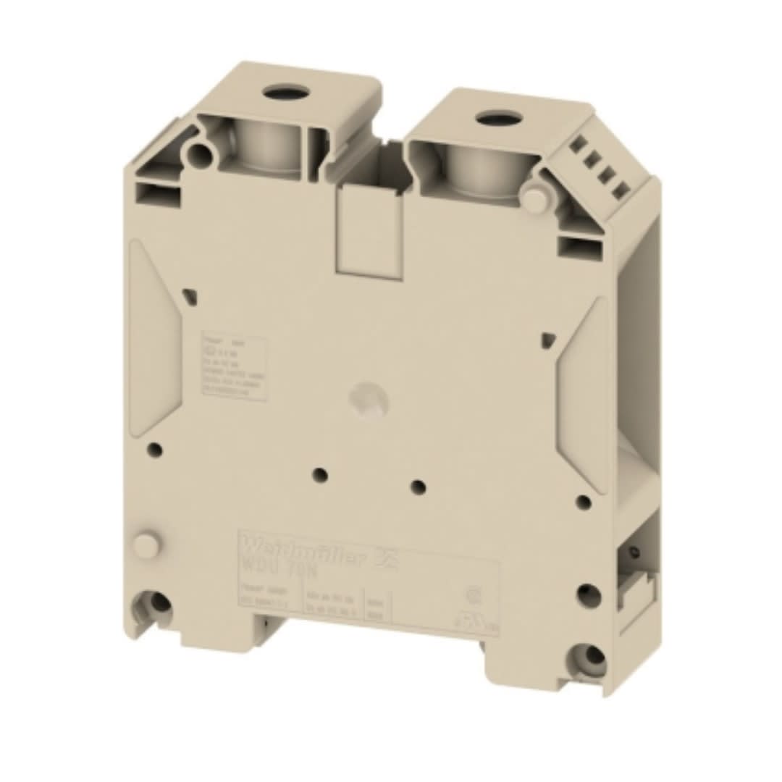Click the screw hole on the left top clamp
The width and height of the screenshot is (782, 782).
(286, 92)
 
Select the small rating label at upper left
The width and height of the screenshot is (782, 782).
(233, 366)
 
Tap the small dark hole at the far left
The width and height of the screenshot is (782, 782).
(154, 450)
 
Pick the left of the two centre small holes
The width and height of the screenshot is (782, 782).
(321, 475)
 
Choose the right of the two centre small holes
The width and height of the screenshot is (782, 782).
(418, 486)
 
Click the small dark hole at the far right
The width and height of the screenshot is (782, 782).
(584, 502)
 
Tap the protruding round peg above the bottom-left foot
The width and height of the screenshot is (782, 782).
(146, 545)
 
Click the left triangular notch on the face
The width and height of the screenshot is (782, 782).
(189, 295)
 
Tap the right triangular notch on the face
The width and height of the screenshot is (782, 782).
(548, 339)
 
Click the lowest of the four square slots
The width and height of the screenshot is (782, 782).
(621, 190)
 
